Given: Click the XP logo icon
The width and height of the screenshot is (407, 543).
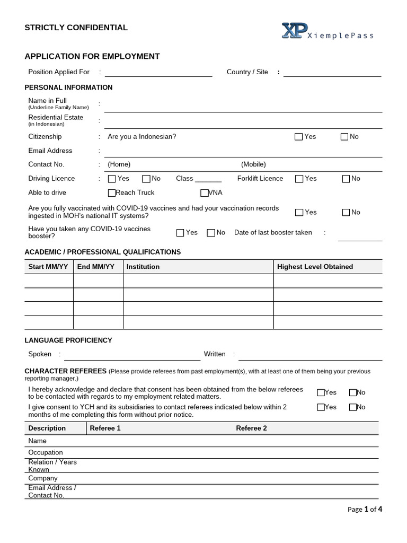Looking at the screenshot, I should pyautogui.click(x=293, y=31).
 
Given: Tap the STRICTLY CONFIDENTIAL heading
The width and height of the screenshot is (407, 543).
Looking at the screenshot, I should pyautogui.click(x=76, y=28).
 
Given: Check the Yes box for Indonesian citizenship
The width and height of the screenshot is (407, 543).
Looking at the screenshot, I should pyautogui.click(x=299, y=137).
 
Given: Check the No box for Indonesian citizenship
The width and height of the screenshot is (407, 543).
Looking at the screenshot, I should pyautogui.click(x=344, y=137).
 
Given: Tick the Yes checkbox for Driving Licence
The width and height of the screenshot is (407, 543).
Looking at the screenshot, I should pyautogui.click(x=112, y=179).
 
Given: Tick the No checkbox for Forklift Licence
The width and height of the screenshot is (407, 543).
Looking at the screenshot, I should pyautogui.click(x=346, y=179).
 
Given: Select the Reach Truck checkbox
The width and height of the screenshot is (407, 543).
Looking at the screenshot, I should pyautogui.click(x=112, y=193).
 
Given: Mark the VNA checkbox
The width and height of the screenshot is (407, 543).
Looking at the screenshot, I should pyautogui.click(x=205, y=193).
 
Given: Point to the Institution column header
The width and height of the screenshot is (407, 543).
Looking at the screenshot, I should pyautogui.click(x=143, y=267).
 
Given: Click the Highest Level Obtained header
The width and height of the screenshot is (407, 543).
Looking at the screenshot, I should pyautogui.click(x=315, y=267).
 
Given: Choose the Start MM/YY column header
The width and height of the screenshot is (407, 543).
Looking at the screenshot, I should pyautogui.click(x=48, y=267).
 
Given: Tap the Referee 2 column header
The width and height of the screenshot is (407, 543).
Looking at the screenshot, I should pyautogui.click(x=251, y=428).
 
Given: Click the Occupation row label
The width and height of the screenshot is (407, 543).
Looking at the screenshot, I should pyautogui.click(x=46, y=452).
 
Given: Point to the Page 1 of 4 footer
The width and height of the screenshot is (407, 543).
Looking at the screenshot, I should pyautogui.click(x=365, y=510).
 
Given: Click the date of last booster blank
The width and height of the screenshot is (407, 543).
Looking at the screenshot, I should pyautogui.click(x=360, y=237).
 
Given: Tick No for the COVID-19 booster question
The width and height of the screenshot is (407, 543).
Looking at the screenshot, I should pyautogui.click(x=211, y=233).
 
